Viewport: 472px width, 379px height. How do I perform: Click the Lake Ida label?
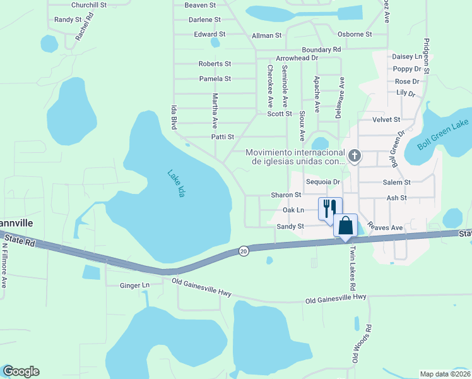click(177, 183)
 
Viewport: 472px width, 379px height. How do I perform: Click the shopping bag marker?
click(346, 226)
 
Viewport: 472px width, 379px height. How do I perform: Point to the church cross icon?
click(355, 155)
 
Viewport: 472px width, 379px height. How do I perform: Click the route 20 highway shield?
click(244, 251)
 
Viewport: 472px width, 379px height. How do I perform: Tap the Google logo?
click(21, 371)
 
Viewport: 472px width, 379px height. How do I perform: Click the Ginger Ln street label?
click(134, 286)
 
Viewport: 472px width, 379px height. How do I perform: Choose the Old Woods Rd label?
click(362, 344)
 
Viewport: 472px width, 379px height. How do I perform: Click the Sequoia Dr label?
click(323, 182)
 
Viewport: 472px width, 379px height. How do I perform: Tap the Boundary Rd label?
click(321, 49)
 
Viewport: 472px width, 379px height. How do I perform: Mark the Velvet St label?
click(387, 119)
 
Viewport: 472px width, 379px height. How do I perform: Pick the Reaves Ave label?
click(386, 227)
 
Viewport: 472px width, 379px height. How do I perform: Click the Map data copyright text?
click(445, 374)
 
